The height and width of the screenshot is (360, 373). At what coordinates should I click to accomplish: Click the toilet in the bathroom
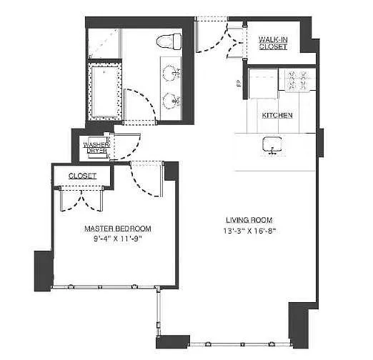click(x=169, y=41)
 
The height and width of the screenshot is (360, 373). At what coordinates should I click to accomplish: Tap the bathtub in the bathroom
click(x=104, y=91)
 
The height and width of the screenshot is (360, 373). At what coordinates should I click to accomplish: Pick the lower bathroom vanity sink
click(x=171, y=101)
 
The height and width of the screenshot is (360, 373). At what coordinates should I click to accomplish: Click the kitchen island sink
click(x=272, y=145)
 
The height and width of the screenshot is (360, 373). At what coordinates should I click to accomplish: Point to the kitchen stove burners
click(x=297, y=81)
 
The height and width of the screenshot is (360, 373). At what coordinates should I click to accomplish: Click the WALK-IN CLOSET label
click(x=273, y=43)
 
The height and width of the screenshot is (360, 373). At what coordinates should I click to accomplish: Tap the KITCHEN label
click(x=277, y=116)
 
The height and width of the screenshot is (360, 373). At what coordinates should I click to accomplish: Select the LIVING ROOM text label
click(x=249, y=220)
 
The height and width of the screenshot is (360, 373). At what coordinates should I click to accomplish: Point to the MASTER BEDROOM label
click(x=118, y=229)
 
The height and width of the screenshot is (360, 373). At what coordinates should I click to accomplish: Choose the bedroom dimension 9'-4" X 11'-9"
click(x=118, y=239)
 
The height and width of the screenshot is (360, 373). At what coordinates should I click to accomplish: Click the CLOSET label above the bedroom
click(x=82, y=176)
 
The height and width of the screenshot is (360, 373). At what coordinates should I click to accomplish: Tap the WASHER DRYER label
click(x=96, y=148)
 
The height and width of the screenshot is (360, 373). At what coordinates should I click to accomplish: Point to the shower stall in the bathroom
click(x=104, y=44)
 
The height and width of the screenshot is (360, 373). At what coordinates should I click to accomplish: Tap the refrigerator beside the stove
click(x=263, y=84)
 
